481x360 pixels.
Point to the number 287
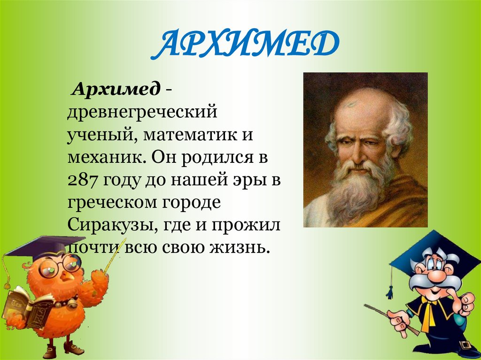coord(83,181)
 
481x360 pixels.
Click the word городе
coord(191,204)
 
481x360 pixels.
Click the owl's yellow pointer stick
coord(115,256)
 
